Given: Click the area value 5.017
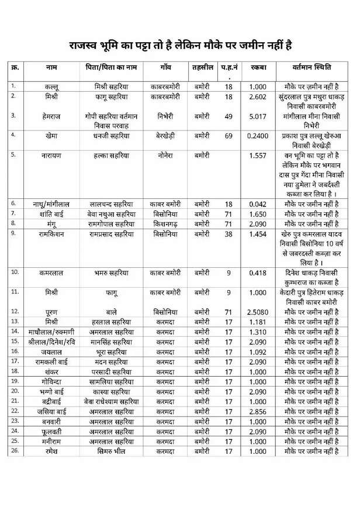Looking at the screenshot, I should click(258, 116).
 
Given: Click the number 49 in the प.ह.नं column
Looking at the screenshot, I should click(229, 116).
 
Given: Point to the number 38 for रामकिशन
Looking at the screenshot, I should click(229, 233).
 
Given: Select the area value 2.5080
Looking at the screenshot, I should click(258, 312).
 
